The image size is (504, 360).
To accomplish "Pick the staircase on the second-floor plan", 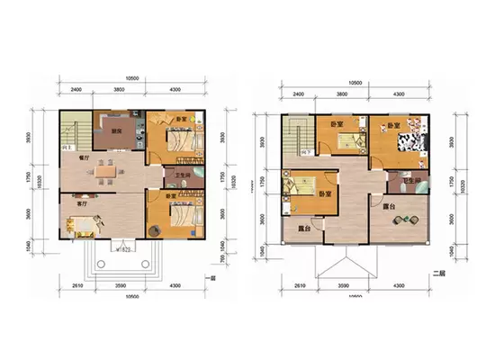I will (x=297, y=138).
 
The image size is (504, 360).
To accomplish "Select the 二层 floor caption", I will (x=439, y=273).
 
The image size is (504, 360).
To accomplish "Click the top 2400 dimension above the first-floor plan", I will (x=76, y=91).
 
